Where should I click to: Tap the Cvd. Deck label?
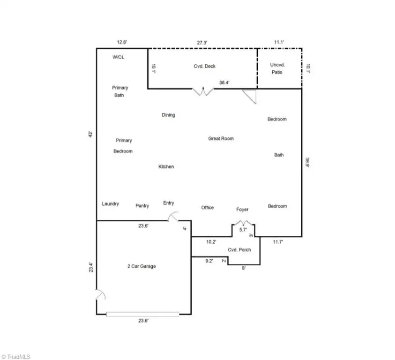[x=205, y=66]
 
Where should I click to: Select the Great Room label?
[x=221, y=139]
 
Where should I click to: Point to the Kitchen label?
[x=166, y=166]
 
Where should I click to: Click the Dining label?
[x=168, y=115]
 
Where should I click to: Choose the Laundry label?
[x=110, y=204]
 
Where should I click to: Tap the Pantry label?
[x=142, y=205]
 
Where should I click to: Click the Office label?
[x=208, y=207]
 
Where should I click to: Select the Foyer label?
[x=242, y=210]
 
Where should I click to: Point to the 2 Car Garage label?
[x=142, y=266]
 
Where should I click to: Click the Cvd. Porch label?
[x=239, y=250]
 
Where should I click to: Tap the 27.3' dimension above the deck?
[x=202, y=43]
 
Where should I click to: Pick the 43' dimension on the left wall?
[x=91, y=134]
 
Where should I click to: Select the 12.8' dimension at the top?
[x=122, y=43]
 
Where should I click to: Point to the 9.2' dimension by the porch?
[x=209, y=261]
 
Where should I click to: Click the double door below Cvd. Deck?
[x=204, y=92]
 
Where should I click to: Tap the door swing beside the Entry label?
[x=173, y=217]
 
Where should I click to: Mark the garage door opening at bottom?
[x=142, y=314]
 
